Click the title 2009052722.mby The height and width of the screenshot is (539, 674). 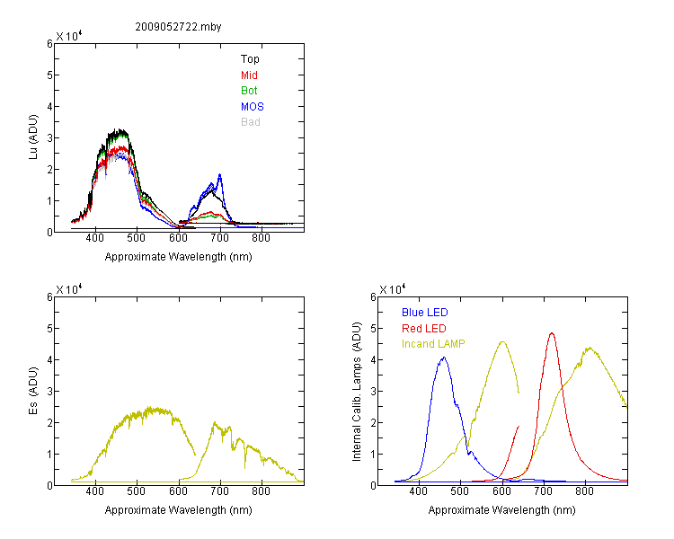pyautogui.click(x=178, y=27)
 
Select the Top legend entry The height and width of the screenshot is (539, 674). pyautogui.click(x=250, y=59)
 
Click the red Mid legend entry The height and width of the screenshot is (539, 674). pyautogui.click(x=249, y=75)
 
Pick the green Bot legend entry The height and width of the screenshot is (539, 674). pyautogui.click(x=249, y=91)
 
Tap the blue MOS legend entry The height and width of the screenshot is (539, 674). pyautogui.click(x=253, y=107)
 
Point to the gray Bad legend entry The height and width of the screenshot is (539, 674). pyautogui.click(x=250, y=122)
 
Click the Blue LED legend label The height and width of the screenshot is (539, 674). pyautogui.click(x=425, y=313)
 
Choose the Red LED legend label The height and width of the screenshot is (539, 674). pyautogui.click(x=424, y=329)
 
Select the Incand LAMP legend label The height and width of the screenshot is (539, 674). pyautogui.click(x=433, y=344)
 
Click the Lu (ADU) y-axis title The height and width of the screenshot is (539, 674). pyautogui.click(x=33, y=137)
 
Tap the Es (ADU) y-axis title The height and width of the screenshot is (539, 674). pyautogui.click(x=33, y=391)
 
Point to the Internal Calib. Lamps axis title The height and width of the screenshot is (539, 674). pyautogui.click(x=357, y=392)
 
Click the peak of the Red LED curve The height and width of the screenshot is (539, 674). pyautogui.click(x=552, y=333)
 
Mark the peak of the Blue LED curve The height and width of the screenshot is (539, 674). pyautogui.click(x=444, y=358)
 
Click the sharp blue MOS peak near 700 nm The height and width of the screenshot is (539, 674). pyautogui.click(x=219, y=174)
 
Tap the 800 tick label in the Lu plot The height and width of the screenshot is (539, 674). pyautogui.click(x=261, y=238)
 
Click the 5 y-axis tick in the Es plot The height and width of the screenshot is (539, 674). pyautogui.click(x=49, y=329)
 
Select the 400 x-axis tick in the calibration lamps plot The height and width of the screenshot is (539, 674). pyautogui.click(x=418, y=491)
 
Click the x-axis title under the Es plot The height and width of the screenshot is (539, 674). pyautogui.click(x=179, y=510)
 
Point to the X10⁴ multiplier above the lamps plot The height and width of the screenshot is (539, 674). pyautogui.click(x=392, y=289)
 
